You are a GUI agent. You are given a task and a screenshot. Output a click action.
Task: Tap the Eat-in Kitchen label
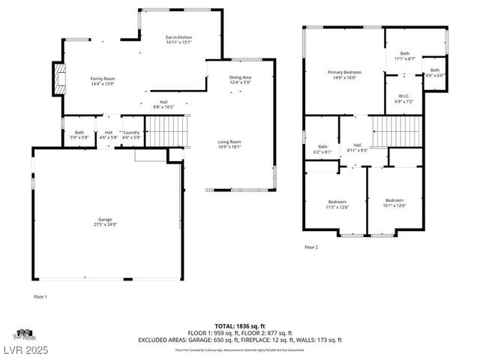tap(178, 40)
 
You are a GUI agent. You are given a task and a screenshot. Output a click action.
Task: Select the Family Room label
tap(102, 81)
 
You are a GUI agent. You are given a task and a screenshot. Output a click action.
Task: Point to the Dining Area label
tap(240, 79)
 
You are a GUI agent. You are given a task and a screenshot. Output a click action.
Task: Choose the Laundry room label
tap(131, 134)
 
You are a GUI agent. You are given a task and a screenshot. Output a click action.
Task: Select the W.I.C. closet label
tap(403, 98)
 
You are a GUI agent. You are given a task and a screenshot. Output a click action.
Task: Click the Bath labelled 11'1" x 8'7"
tap(405, 55)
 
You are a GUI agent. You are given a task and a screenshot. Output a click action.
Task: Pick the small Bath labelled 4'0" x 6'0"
tap(435, 72)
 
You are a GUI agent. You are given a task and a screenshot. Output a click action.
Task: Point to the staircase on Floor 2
tap(388, 135)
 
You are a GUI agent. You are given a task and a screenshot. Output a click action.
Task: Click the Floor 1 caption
tap(40, 297)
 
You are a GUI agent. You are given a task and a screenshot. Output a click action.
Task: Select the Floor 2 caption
tap(311, 247)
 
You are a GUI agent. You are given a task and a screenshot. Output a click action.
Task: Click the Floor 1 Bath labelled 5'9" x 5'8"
tap(74, 134)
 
